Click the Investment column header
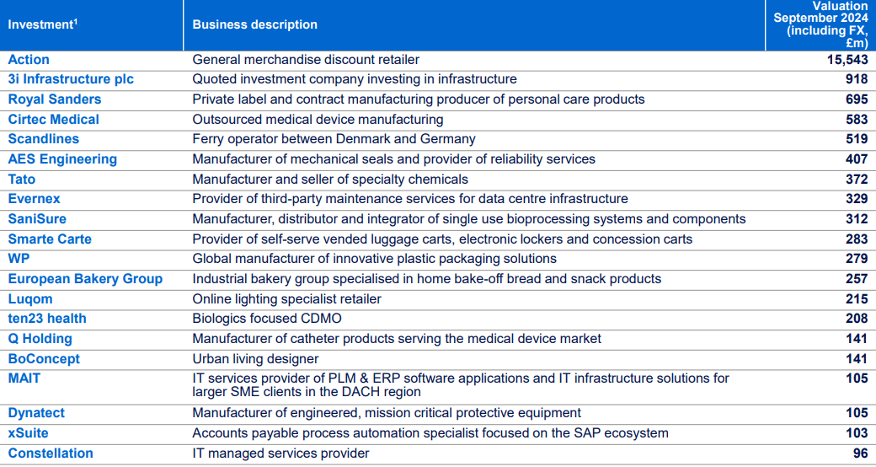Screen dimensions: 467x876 pos(43,24)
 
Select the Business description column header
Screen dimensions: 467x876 pos(254,24)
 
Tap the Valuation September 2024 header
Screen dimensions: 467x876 pos(820,24)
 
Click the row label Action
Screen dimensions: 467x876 pos(29,60)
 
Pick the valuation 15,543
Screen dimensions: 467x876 pos(847,60)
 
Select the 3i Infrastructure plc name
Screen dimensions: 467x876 pos(71,79)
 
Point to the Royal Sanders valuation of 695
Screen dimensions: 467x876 pos(857,99)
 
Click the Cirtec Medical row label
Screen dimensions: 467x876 pos(54,120)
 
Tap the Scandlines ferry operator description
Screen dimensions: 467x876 pos(334,139)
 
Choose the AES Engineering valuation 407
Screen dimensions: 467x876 pos(857,159)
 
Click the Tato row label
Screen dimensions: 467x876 pos(22,180)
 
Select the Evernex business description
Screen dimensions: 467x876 pos(409,199)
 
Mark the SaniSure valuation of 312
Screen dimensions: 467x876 pos(857,219)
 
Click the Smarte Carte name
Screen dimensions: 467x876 pos(50,239)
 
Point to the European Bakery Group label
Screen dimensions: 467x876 pos(85,279)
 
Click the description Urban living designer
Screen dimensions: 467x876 pos(255,359)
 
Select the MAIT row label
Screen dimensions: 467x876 pos(24,378)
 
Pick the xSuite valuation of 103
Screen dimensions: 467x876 pos(857,433)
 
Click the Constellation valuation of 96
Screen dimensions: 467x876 pos(860,454)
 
